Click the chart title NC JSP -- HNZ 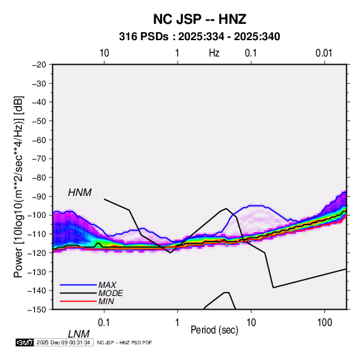[x=199, y=19]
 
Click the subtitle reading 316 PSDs [x=144, y=37]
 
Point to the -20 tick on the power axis [x=39, y=64]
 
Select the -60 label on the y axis [x=39, y=140]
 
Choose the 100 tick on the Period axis [x=325, y=323]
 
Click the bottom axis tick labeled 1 [x=178, y=323]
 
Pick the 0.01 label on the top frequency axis [x=324, y=53]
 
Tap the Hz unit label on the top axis [x=214, y=53]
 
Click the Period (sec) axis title [x=214, y=330]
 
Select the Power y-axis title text [x=18, y=186]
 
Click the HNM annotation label [x=80, y=193]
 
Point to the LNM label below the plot [x=79, y=334]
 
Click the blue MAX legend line [x=78, y=285]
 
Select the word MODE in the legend [x=110, y=293]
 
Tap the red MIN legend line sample [x=78, y=301]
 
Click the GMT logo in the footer [x=24, y=342]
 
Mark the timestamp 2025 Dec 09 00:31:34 [x=63, y=342]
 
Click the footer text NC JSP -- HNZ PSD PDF [x=125, y=342]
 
